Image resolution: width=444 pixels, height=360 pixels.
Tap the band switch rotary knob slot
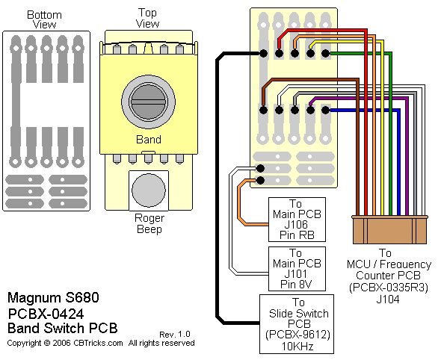[149, 102]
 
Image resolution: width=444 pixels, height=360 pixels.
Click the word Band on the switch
[149, 140]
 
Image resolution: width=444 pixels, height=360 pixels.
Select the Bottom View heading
[44, 19]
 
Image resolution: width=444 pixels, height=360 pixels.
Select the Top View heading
[147, 18]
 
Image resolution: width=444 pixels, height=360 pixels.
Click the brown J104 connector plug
[389, 230]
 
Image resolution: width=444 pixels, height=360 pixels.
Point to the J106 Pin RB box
[297, 220]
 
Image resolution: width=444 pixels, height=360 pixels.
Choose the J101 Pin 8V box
[297, 269]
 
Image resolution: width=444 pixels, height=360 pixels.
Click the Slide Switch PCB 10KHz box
[297, 324]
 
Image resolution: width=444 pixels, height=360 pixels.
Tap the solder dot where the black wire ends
[263, 53]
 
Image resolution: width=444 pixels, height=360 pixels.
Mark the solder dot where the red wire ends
[280, 53]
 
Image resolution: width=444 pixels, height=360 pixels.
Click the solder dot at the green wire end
[326, 53]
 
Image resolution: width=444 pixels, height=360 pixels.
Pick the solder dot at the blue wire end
[326, 110]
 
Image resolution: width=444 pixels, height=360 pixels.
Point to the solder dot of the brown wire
[263, 110]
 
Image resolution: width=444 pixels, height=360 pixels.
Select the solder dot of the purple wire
[311, 110]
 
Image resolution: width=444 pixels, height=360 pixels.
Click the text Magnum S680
[53, 298]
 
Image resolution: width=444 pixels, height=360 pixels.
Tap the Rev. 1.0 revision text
[175, 335]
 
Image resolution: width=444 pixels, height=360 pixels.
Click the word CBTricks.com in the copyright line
[98, 343]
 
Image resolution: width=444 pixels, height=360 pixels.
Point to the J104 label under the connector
[388, 300]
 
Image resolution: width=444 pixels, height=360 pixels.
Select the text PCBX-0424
[46, 314]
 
